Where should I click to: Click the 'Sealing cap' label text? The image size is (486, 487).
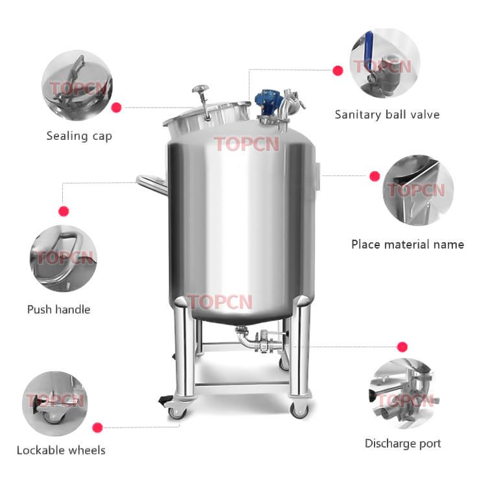pos(79,136)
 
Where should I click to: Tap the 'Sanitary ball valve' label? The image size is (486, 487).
pos(387,115)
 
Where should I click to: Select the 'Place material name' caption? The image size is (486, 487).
pos(408,245)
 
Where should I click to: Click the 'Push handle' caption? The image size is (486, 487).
pos(58,310)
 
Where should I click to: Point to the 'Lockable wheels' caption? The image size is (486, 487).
pos(61,450)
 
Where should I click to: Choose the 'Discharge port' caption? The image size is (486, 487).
pos(402,444)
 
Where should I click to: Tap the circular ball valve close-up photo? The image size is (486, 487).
pos(385,63)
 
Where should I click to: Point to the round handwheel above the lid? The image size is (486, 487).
pos(200,89)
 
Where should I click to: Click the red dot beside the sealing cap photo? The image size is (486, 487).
pos(117,108)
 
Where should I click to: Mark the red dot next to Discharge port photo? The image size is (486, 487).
pos(402,346)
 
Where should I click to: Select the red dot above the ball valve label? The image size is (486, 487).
pos(338,70)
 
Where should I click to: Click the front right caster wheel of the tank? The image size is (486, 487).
pos(299,409)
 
